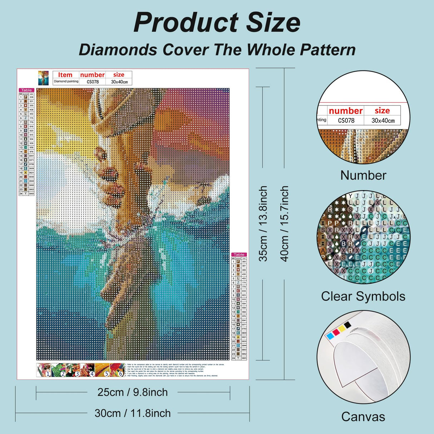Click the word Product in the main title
(x=186, y=23)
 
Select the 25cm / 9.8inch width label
(x=133, y=392)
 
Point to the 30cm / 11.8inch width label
(x=133, y=413)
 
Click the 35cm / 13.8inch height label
(x=263, y=223)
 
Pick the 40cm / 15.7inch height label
(x=284, y=223)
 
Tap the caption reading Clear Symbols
(x=363, y=296)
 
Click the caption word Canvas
(x=363, y=417)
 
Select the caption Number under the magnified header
(x=363, y=175)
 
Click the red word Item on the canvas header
(x=65, y=75)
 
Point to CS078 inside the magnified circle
(x=346, y=120)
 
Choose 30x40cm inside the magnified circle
(x=383, y=120)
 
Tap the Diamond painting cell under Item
(x=66, y=82)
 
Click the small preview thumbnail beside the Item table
(x=43, y=78)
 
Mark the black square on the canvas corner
(x=347, y=325)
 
